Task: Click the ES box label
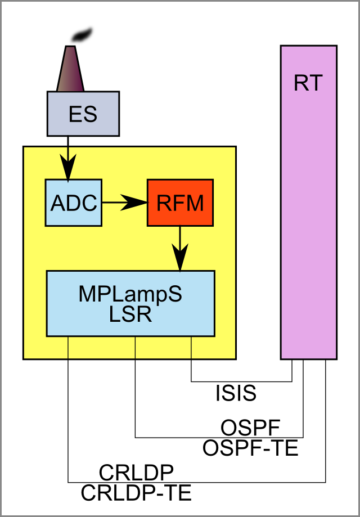(x=83, y=114)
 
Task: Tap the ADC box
(x=73, y=203)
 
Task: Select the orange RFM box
(x=180, y=203)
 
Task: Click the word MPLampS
(x=130, y=294)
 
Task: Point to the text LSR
(x=130, y=315)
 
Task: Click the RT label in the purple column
(x=308, y=83)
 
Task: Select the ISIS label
(x=236, y=393)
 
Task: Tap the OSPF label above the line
(x=250, y=428)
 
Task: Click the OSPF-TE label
(x=250, y=448)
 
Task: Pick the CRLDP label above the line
(x=136, y=473)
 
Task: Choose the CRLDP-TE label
(x=136, y=493)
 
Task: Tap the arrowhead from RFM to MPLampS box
(x=180, y=258)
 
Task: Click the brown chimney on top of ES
(x=70, y=68)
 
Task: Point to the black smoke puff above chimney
(x=82, y=34)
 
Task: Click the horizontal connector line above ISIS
(x=242, y=382)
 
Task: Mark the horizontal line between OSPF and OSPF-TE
(x=219, y=438)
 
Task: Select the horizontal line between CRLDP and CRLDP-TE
(x=197, y=482)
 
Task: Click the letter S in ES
(x=90, y=114)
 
